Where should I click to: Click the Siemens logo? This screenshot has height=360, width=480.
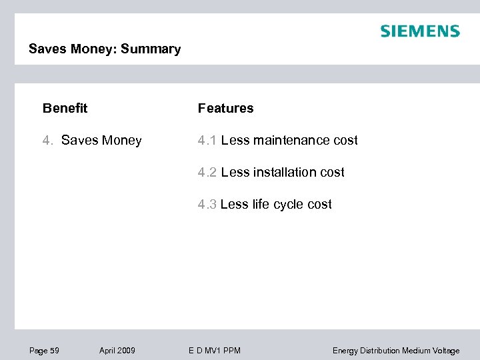tap(419, 31)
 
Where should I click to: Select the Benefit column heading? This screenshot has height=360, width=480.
tap(65, 108)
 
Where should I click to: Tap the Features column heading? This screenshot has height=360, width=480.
tap(225, 108)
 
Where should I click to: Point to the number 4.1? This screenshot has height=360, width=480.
tap(207, 141)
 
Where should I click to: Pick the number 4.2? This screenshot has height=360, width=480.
tap(207, 173)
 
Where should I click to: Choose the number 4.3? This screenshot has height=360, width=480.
tap(207, 205)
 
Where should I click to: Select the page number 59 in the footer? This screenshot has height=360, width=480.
tap(54, 351)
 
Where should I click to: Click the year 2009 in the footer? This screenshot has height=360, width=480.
tap(126, 351)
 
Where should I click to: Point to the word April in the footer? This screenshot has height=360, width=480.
tap(107, 351)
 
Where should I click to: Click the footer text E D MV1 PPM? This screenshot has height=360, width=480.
tap(213, 351)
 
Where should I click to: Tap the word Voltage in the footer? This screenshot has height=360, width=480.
tap(445, 351)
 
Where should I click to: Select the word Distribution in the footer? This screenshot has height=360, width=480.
tap(380, 351)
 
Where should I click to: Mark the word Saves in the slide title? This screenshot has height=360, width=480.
tap(45, 49)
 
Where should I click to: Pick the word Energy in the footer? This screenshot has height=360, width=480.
tap(345, 351)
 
